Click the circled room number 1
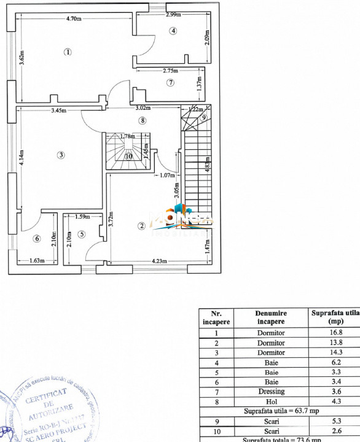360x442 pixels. click(x=68, y=52)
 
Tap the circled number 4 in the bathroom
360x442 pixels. click(x=173, y=31)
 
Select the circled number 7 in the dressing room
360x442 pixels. click(x=171, y=82)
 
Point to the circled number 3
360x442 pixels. click(x=61, y=155)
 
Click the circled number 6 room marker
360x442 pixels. click(x=37, y=239)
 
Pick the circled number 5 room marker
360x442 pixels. click(x=82, y=234)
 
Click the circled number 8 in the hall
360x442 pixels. click(x=143, y=121)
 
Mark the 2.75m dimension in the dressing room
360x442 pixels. click(x=171, y=71)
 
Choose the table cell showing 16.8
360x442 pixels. click(x=337, y=333)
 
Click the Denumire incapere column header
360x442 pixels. click(x=271, y=317)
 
